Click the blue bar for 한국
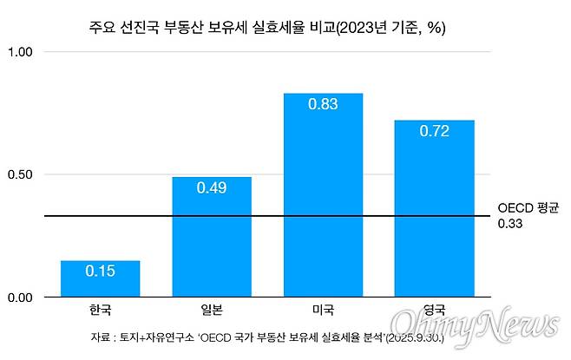pyautogui.click(x=100, y=279)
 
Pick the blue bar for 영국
pyautogui.click(x=434, y=209)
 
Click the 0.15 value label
pyautogui.click(x=100, y=271)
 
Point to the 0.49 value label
pyautogui.click(x=212, y=187)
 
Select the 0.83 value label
pyautogui.click(x=323, y=104)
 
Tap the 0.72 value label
pyautogui.click(x=434, y=131)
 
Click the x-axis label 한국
pyautogui.click(x=100, y=310)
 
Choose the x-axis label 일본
pyautogui.click(x=212, y=310)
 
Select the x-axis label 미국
pyautogui.click(x=323, y=310)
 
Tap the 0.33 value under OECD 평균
pyautogui.click(x=509, y=224)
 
